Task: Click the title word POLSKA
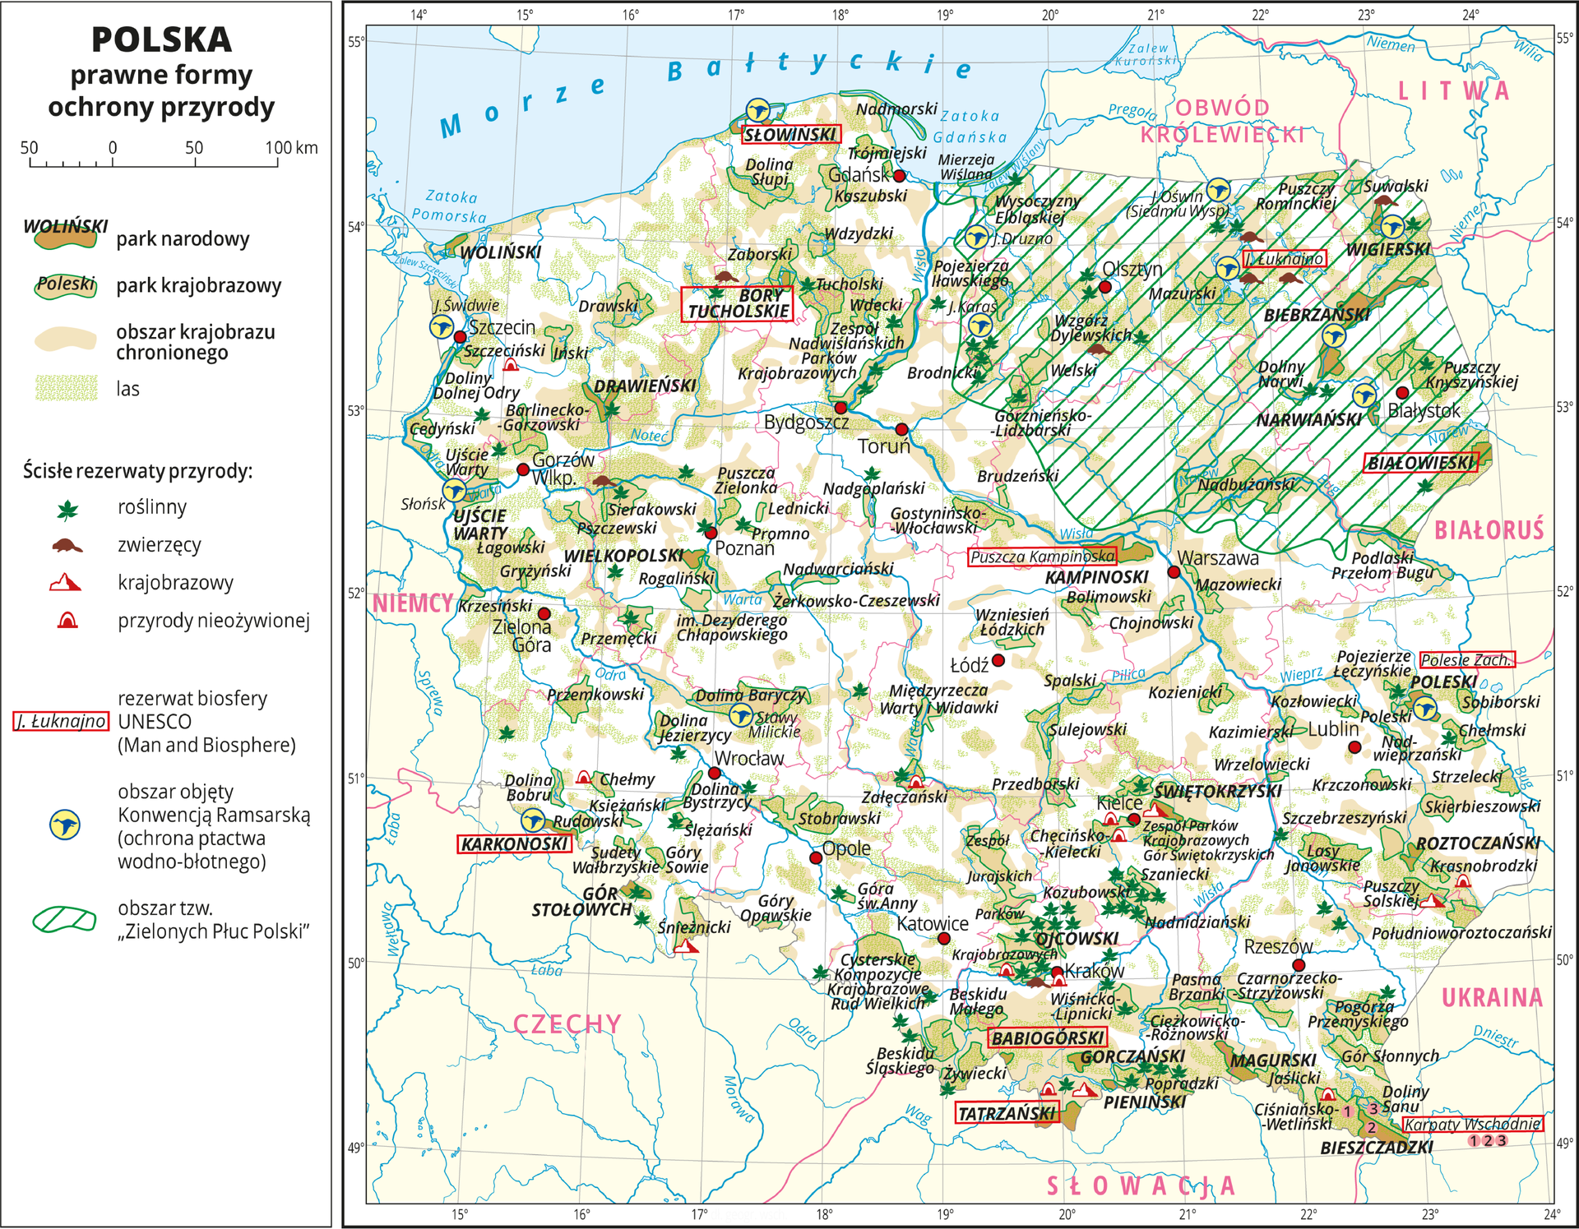pos(161,39)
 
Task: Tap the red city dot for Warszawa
pos(1174,571)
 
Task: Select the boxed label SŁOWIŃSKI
pos(790,134)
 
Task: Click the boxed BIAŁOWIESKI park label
pos(1420,463)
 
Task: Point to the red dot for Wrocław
pos(714,773)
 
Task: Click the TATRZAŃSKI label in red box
pos(1007,1113)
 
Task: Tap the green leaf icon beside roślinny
pos(67,510)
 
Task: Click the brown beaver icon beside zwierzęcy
pos(67,546)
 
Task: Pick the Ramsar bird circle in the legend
pos(65,824)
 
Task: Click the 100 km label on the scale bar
pos(291,147)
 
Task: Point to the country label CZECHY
pos(567,1023)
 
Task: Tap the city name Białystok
pos(1424,409)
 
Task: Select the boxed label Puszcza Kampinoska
pos(1043,557)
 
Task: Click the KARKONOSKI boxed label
pos(514,843)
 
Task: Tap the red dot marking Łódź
pos(998,660)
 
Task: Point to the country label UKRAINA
pos(1492,997)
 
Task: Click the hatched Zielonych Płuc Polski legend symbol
pos(64,919)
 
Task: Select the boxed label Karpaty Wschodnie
pos(1472,1124)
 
